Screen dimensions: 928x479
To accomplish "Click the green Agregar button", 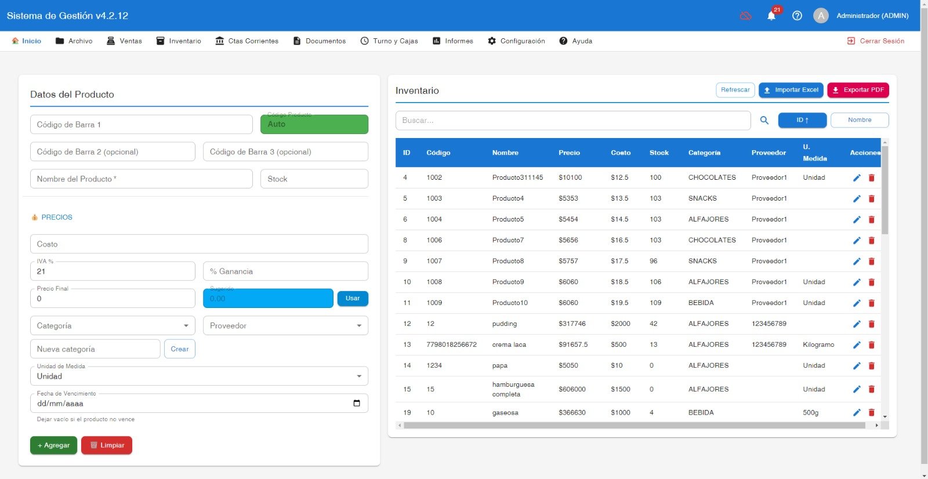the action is (53, 445).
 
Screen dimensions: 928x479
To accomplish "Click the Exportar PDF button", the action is (858, 90).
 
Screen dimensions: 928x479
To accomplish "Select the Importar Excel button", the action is (791, 90).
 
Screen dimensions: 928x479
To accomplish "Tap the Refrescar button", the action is (735, 90).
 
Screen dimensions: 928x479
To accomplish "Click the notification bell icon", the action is (771, 16).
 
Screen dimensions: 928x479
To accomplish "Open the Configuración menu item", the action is (516, 41).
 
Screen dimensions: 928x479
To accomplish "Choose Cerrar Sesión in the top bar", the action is (875, 41).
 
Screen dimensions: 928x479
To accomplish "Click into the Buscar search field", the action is (573, 120).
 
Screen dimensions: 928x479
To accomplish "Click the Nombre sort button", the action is (860, 119).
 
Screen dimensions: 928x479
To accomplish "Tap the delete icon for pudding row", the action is (872, 324).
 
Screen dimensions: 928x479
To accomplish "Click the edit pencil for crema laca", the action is (857, 344).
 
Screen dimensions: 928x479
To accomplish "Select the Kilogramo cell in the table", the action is (818, 344).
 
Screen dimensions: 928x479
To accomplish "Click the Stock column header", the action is (659, 153).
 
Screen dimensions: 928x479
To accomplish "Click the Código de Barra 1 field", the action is (142, 124).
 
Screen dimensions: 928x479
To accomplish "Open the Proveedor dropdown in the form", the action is (285, 326).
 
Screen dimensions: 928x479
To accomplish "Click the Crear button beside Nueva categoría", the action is (180, 349).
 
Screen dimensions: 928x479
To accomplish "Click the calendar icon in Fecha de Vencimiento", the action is (357, 403).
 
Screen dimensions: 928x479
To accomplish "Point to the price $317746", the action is (572, 324).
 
